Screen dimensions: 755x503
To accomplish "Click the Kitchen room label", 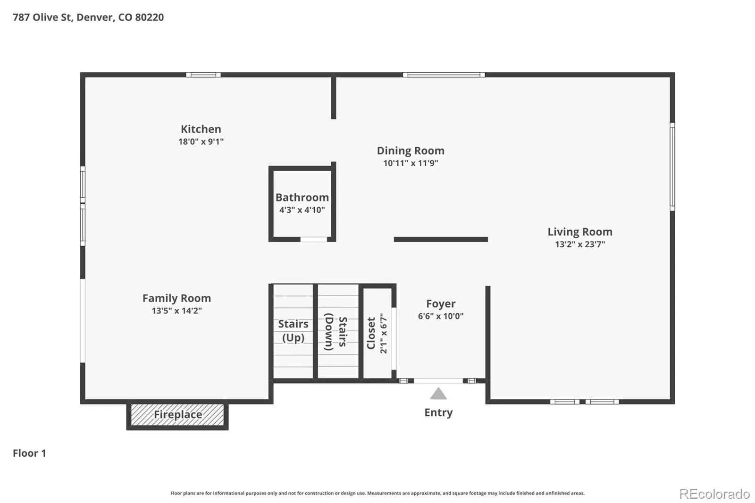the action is tap(201, 129).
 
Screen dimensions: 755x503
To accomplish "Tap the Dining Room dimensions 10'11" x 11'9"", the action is tap(411, 163).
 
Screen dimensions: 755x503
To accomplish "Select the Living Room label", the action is tap(580, 232).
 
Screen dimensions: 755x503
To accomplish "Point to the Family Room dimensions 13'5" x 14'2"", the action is tap(176, 310).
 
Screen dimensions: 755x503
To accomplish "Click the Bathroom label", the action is tap(302, 198).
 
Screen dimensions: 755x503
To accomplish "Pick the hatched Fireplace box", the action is tap(177, 415).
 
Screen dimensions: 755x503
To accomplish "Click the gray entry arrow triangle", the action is tap(438, 394).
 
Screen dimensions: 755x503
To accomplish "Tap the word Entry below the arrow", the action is tap(438, 413).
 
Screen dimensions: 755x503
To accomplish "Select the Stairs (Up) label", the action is tap(293, 331).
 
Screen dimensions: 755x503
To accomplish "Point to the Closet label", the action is tap(371, 333).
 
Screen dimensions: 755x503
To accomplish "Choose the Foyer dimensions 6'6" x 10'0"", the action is tap(441, 316).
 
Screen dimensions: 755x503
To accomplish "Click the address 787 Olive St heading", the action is tap(88, 17).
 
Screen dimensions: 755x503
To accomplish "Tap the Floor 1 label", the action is tap(29, 453).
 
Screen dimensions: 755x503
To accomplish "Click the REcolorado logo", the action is tap(714, 494).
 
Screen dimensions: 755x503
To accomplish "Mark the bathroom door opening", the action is tap(313, 239).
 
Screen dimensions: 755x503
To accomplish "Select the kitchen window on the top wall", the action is tap(203, 75).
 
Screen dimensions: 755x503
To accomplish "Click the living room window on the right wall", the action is tap(672, 167).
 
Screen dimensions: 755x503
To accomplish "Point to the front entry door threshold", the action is tap(438, 381).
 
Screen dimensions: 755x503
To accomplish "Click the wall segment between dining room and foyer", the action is tap(441, 239).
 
